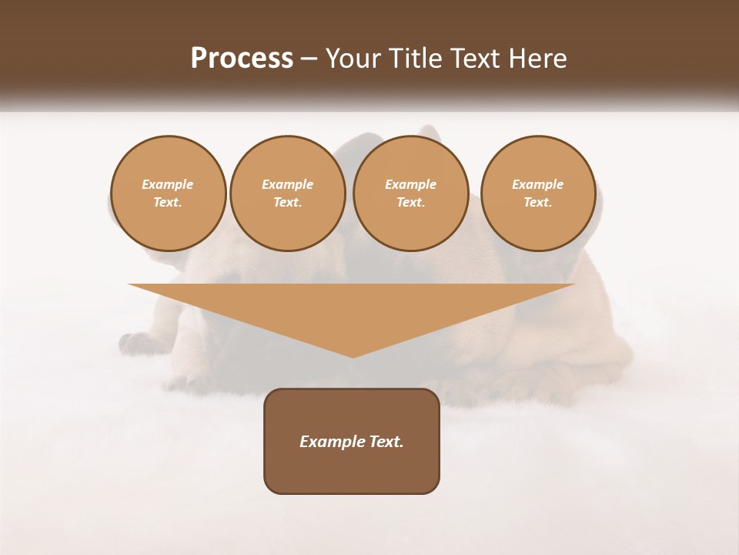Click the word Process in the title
pyautogui.click(x=242, y=59)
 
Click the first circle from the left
pyautogui.click(x=168, y=193)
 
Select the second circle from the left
pyautogui.click(x=287, y=193)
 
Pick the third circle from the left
pyautogui.click(x=410, y=193)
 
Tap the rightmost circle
pyautogui.click(x=537, y=193)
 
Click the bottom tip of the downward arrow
pyautogui.click(x=353, y=356)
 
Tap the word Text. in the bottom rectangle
pyautogui.click(x=387, y=442)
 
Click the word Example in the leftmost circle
pyautogui.click(x=168, y=185)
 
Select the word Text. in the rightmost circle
pyautogui.click(x=537, y=203)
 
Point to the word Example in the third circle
pyautogui.click(x=410, y=185)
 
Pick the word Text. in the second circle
pyautogui.click(x=287, y=203)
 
